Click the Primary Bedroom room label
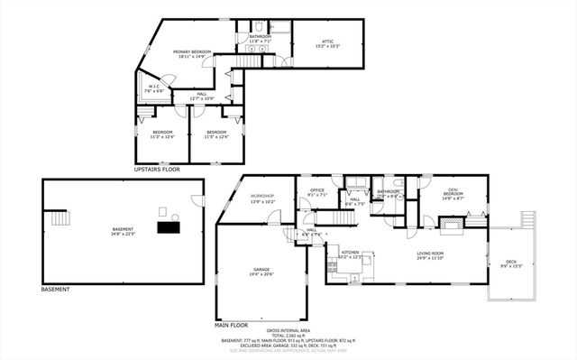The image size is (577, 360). point(192,54)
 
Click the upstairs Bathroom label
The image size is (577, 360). point(261,39)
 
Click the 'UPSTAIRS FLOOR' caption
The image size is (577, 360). point(157,169)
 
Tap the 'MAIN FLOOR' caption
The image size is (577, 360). point(232,324)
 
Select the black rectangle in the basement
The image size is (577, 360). point(169,228)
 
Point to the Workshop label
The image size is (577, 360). point(262,198)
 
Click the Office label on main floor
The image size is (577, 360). point(316,191)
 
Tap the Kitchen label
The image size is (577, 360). point(351,255)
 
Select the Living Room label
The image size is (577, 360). point(430,255)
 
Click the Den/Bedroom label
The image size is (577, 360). point(453,194)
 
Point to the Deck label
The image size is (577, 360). point(511,263)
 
